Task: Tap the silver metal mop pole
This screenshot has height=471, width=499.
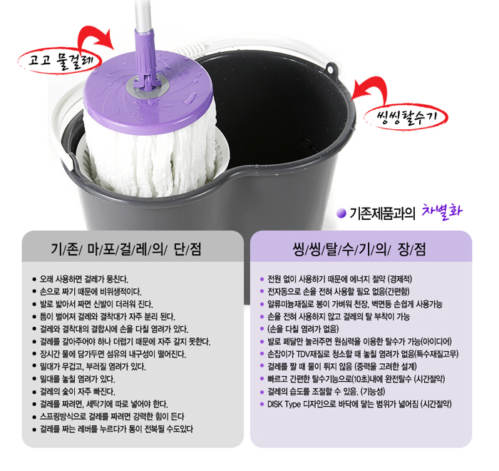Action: pyautogui.click(x=143, y=15)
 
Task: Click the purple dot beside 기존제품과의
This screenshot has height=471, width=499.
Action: pyautogui.click(x=341, y=213)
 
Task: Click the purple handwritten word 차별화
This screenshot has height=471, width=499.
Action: pyautogui.click(x=442, y=211)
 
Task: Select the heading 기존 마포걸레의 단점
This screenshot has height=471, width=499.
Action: pyautogui.click(x=126, y=249)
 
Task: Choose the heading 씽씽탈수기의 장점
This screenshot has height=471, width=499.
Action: pyautogui.click(x=359, y=249)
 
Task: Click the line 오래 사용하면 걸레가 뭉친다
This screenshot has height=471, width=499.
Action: pyautogui.click(x=84, y=279)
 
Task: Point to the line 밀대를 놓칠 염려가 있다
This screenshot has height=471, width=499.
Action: pyautogui.click(x=77, y=379)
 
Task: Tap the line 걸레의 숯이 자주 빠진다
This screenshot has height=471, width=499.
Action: pyautogui.click(x=77, y=391)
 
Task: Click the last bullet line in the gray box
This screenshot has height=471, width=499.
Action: pyautogui.click(x=116, y=429)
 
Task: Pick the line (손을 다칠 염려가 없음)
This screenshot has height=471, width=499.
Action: pyautogui.click(x=303, y=329)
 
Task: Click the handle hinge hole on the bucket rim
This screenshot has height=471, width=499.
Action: pyautogui.click(x=331, y=69)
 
